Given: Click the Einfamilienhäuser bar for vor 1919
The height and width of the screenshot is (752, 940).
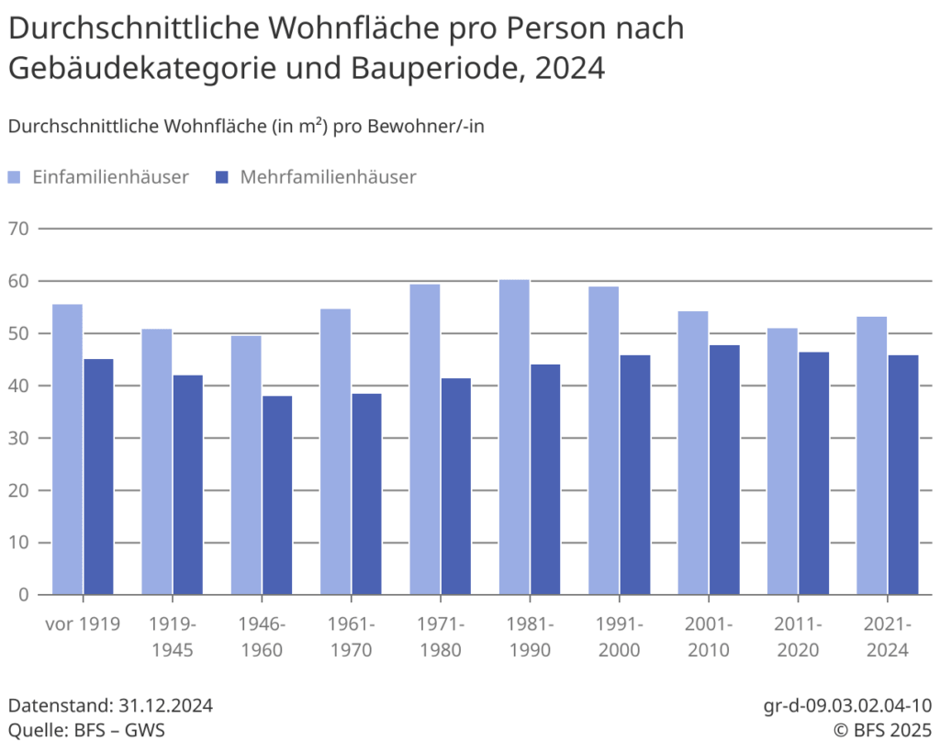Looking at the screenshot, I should click(68, 449).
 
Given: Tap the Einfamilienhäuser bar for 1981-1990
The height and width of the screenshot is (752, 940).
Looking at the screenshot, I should click(514, 437).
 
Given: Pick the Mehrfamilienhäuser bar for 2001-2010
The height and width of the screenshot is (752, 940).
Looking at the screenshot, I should click(724, 469).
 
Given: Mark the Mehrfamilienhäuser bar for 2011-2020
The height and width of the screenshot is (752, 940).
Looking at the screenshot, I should click(813, 473).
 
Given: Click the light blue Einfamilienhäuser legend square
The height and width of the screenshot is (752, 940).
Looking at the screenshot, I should click(16, 177).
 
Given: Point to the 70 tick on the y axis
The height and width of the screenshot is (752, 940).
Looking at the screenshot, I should click(17, 229).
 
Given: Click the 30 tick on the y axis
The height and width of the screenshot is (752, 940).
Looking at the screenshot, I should click(17, 438).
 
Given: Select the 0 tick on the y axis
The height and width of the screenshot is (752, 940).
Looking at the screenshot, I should click(23, 595).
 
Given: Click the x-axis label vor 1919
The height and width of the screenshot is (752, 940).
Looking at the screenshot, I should click(83, 624).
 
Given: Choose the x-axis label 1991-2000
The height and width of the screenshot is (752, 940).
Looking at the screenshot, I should click(620, 637).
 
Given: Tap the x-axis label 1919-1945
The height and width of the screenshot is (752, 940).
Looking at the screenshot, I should click(173, 637).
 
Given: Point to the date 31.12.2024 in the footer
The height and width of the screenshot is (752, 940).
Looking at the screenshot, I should click(166, 706).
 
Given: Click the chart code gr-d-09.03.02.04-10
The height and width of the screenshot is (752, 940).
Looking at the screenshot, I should click(847, 706).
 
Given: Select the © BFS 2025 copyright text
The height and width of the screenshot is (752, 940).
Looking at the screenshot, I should click(881, 730).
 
